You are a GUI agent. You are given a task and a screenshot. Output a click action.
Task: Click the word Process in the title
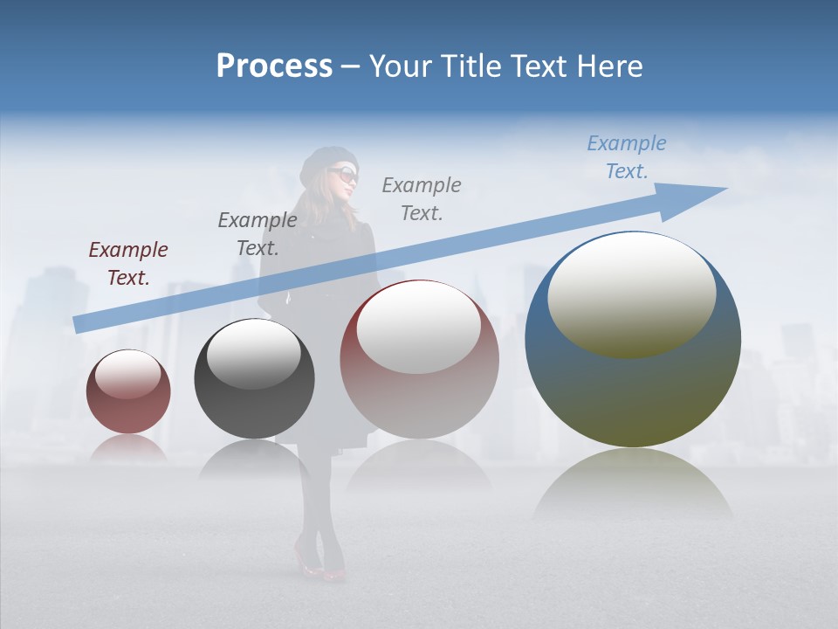(x=274, y=66)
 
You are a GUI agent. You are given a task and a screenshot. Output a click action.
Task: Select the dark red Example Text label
(x=128, y=264)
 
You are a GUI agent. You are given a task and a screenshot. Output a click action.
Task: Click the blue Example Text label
(x=626, y=157)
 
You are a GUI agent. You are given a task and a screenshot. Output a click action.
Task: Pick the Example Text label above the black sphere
(x=258, y=234)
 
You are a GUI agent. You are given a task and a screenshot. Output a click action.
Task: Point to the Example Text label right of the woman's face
(x=422, y=198)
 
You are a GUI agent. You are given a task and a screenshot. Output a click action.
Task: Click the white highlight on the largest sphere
(x=631, y=294)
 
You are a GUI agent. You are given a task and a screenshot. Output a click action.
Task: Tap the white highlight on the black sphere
(x=254, y=353)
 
